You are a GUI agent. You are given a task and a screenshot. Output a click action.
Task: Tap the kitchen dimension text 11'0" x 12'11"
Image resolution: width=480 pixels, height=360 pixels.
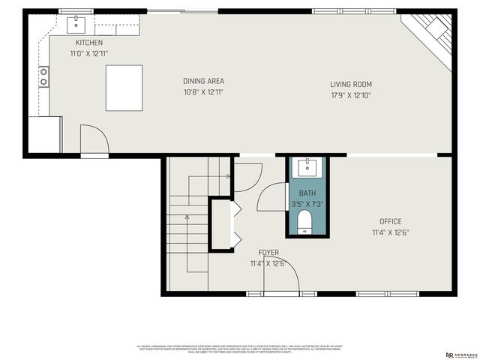click(x=88, y=54)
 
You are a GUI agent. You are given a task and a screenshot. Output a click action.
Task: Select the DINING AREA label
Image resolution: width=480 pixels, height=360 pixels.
click(x=203, y=81)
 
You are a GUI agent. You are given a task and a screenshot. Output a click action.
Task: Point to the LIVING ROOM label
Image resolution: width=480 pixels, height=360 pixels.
click(x=351, y=85)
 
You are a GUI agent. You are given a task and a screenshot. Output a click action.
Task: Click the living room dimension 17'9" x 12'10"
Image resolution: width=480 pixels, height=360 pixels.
click(x=351, y=95)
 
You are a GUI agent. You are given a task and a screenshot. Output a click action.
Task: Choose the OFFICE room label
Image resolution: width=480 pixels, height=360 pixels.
click(x=390, y=221)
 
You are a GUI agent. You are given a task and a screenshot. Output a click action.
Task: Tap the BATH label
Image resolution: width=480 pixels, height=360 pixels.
click(x=307, y=193)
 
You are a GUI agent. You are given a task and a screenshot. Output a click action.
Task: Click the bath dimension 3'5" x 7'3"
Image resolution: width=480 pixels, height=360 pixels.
click(x=307, y=204)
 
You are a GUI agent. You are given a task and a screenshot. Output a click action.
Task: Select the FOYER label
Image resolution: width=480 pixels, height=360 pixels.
click(x=268, y=253)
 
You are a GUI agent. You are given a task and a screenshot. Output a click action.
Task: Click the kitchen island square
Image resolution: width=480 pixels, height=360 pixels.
click(x=124, y=87)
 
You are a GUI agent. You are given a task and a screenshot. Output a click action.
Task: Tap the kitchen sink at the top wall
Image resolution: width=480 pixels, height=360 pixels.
click(x=77, y=25)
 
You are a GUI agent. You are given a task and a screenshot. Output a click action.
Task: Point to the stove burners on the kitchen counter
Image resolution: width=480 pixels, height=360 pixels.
click(x=43, y=76)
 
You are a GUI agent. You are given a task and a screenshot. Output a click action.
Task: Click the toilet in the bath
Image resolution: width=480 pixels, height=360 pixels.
click(x=305, y=222)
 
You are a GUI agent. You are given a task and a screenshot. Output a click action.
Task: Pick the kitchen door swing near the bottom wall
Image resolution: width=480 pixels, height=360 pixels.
click(x=93, y=139)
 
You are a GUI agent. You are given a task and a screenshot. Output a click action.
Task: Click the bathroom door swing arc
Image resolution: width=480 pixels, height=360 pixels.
click(x=270, y=196)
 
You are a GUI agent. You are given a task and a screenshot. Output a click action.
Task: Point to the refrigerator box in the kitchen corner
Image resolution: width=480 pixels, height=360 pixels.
click(x=45, y=134)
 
